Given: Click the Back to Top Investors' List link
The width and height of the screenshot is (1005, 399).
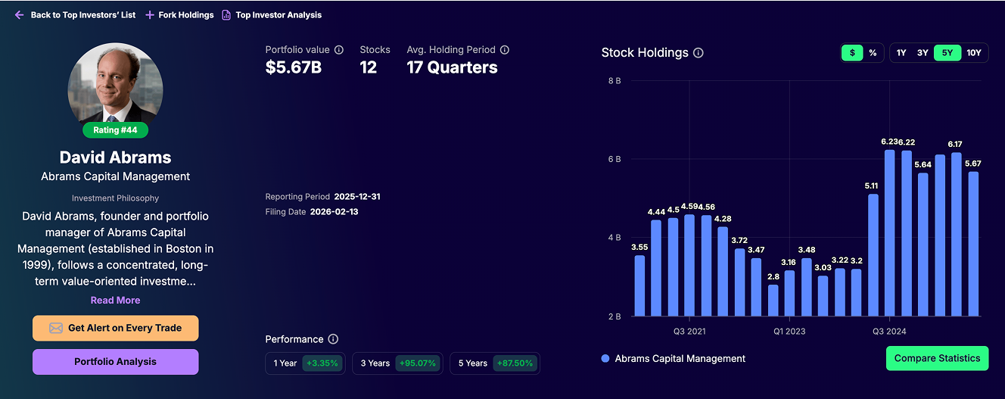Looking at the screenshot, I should pyautogui.click(x=76, y=15).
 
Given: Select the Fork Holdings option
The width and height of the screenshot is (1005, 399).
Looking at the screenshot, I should pyautogui.click(x=179, y=15).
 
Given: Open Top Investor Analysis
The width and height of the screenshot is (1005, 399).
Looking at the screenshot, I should pyautogui.click(x=272, y=15).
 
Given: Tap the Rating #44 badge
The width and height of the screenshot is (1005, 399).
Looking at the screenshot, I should pyautogui.click(x=116, y=129).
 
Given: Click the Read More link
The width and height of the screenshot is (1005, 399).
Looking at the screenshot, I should pyautogui.click(x=115, y=300).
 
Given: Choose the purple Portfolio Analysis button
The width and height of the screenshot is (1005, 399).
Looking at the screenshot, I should pyautogui.click(x=115, y=362).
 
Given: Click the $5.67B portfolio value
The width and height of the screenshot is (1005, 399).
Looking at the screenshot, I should pyautogui.click(x=294, y=67).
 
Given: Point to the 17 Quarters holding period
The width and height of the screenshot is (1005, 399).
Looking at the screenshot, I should pyautogui.click(x=452, y=67).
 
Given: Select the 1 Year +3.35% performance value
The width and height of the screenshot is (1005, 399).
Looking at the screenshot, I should pyautogui.click(x=322, y=363).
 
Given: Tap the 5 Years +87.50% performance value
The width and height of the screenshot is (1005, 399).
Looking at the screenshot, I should pyautogui.click(x=515, y=363).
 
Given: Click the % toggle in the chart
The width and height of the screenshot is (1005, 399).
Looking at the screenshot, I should pyautogui.click(x=873, y=53).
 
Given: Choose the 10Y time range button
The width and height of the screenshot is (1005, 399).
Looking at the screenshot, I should pyautogui.click(x=973, y=53).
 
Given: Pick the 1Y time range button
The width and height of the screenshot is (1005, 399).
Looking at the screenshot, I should pyautogui.click(x=901, y=53).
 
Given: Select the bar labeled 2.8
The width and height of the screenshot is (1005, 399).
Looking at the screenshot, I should pyautogui.click(x=773, y=301).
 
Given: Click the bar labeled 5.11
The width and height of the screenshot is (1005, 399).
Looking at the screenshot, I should pyautogui.click(x=873, y=255).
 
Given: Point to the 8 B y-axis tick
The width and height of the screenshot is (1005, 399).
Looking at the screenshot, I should pyautogui.click(x=615, y=80).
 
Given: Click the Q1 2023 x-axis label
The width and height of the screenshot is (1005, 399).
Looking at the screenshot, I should pyautogui.click(x=789, y=332).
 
